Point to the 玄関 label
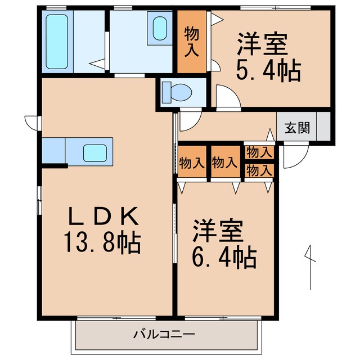(296, 127)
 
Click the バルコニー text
(164, 335)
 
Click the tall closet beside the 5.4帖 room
(192, 42)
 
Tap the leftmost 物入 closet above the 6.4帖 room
(192, 163)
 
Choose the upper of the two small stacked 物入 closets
(259, 152)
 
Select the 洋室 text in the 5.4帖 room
(263, 44)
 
